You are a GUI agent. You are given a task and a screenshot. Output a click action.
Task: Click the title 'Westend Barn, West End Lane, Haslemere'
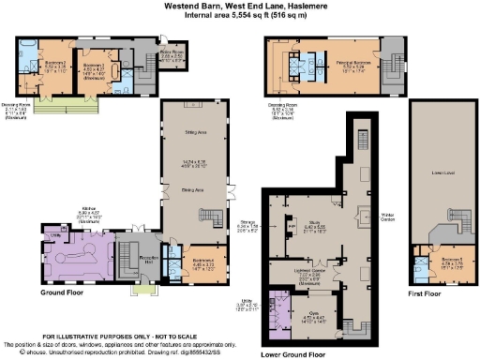tap(240, 5)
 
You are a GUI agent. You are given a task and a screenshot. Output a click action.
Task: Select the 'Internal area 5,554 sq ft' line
tap(240, 14)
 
